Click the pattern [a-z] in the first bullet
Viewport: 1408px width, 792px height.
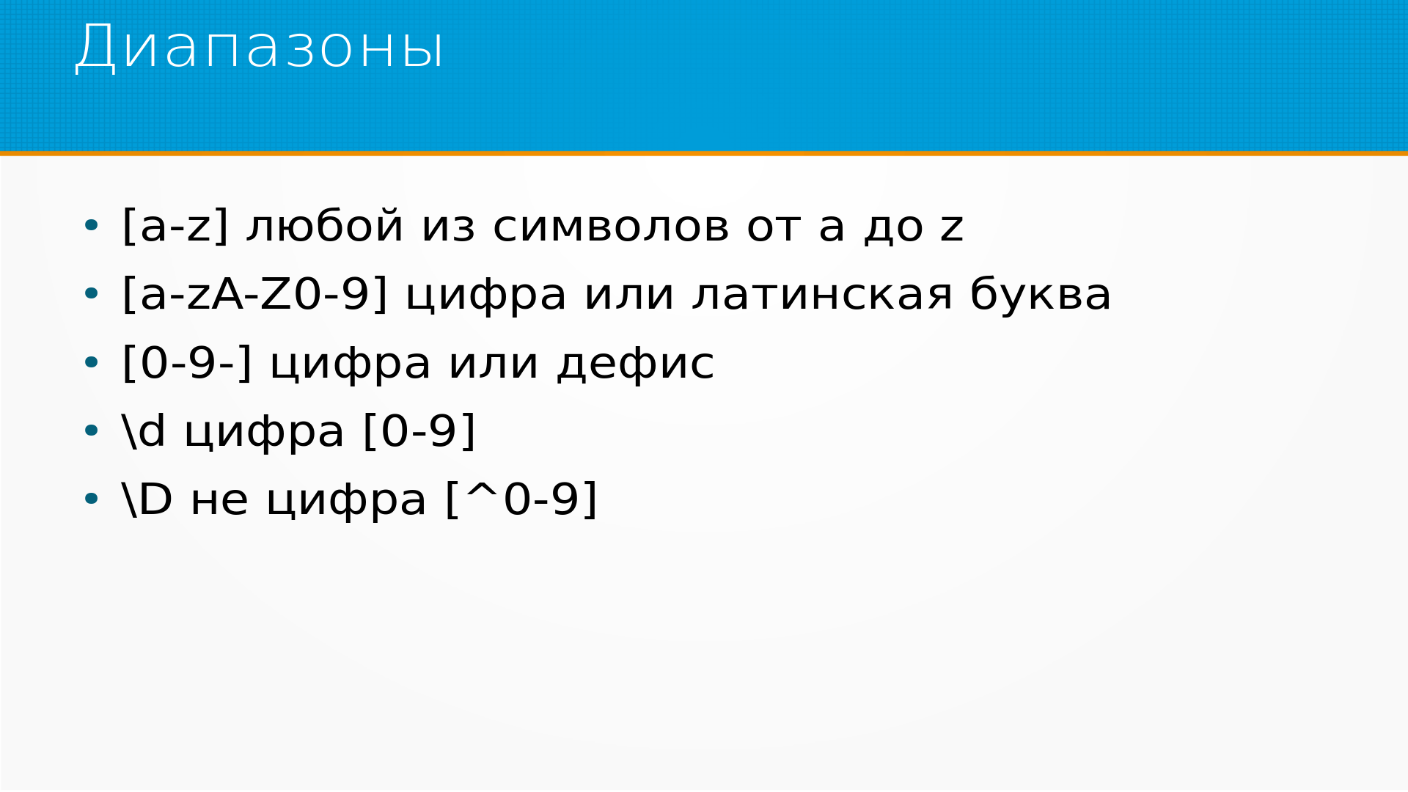(x=175, y=226)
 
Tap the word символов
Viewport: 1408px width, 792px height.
(x=611, y=227)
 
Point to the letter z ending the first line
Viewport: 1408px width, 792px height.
(x=952, y=227)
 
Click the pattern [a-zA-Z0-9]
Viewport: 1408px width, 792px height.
(x=254, y=294)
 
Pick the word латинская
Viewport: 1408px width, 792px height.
(x=823, y=295)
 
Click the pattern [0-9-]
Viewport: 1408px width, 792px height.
(x=187, y=363)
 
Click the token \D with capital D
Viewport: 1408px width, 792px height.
(x=147, y=499)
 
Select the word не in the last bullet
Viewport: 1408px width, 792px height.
(x=219, y=501)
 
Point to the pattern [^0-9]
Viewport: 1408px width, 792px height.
(x=521, y=499)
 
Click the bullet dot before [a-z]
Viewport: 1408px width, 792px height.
(x=91, y=227)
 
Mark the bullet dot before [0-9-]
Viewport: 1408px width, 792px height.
(x=91, y=363)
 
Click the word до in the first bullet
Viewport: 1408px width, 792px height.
(x=893, y=228)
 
